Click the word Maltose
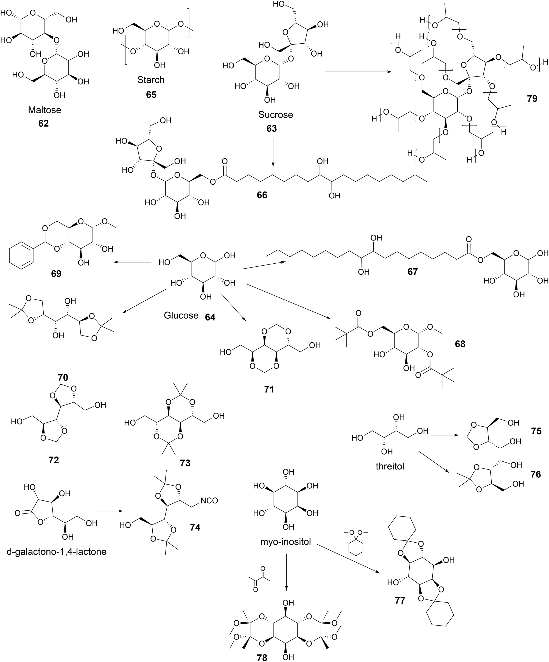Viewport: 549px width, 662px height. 44,110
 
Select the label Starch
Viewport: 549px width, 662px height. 151,80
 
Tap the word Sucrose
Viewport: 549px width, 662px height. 275,114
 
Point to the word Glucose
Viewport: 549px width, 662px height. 181,315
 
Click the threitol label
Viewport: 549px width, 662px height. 390,466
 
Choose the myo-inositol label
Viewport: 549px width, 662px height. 286,542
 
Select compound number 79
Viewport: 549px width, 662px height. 532,99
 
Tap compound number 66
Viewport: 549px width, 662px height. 262,195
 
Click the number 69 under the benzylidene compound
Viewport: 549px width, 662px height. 56,274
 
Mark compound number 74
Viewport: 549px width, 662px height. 195,527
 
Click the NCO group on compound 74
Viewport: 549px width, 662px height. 209,500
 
